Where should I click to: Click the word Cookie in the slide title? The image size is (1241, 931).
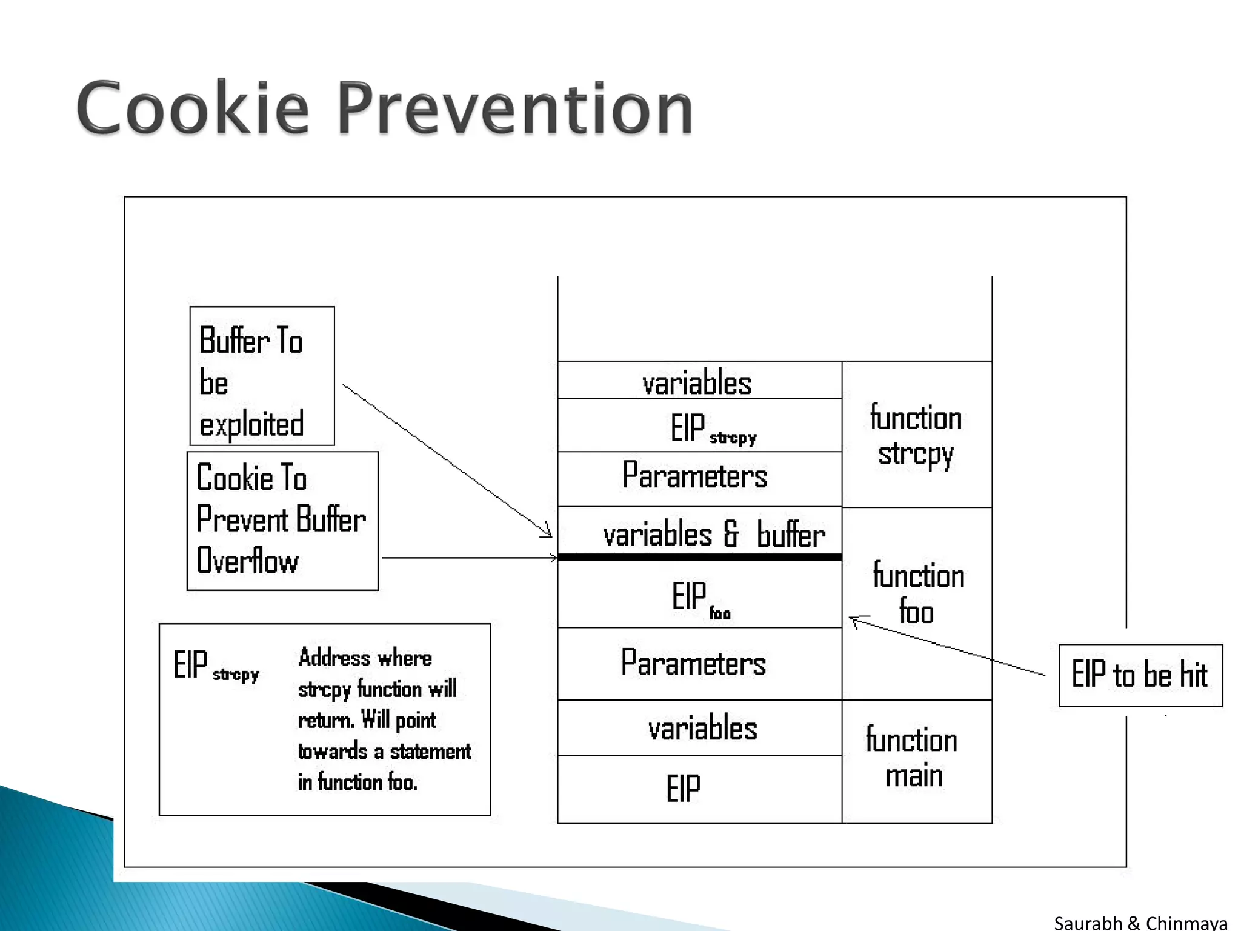(193, 108)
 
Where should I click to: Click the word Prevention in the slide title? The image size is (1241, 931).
(515, 108)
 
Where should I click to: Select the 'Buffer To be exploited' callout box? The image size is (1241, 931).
(262, 376)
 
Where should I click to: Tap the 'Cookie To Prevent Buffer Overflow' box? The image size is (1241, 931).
(282, 521)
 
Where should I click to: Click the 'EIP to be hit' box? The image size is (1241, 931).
(1140, 675)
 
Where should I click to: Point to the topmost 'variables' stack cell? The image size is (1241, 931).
(699, 381)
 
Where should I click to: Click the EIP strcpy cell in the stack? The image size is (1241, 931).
(699, 426)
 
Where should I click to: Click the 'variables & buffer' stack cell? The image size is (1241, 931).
(699, 532)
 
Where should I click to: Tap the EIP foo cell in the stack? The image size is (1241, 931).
(699, 595)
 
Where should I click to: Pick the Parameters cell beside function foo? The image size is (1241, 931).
(699, 664)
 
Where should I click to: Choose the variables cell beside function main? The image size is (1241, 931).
(699, 728)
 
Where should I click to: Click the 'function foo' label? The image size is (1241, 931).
(917, 593)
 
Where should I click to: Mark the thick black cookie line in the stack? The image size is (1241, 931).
(699, 557)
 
